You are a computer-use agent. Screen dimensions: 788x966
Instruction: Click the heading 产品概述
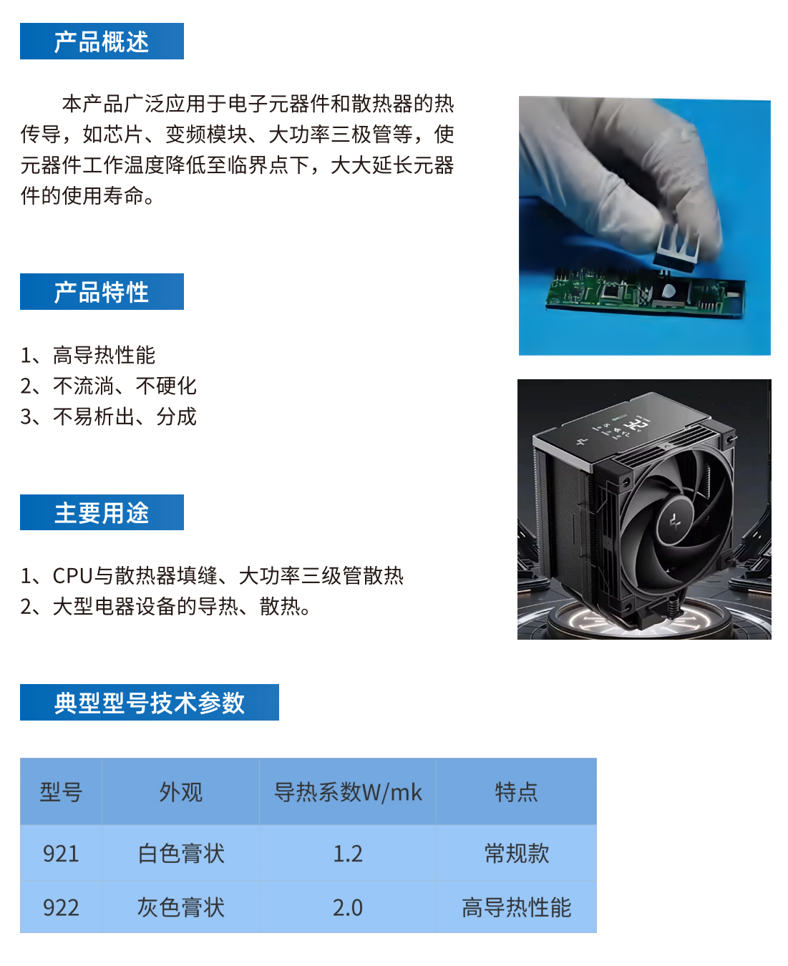101,42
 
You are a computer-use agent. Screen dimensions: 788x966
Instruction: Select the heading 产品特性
101,292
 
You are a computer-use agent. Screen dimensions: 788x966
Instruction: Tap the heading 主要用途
101,512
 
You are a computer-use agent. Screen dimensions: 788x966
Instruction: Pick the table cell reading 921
61,854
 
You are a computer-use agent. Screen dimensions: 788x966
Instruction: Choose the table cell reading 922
61,907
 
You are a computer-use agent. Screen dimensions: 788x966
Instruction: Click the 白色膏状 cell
181,854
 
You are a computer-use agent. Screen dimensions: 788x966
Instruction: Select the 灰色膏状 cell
181,907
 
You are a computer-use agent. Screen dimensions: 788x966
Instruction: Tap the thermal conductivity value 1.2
348,854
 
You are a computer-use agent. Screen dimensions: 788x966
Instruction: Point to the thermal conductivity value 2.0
348,907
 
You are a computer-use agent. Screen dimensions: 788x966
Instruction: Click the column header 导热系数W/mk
348,792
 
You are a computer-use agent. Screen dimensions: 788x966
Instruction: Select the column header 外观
181,792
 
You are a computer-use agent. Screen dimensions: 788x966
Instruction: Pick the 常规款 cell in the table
516,854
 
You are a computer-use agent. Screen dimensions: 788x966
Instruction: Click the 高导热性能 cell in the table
516,907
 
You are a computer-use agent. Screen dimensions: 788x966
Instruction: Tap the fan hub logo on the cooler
674,521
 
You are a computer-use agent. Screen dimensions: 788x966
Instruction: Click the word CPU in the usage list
73,576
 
